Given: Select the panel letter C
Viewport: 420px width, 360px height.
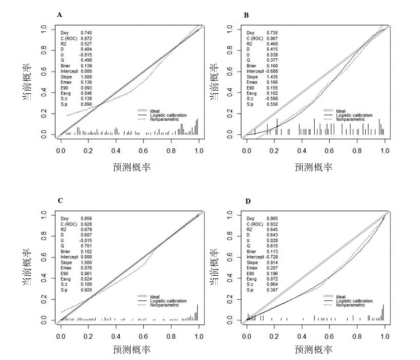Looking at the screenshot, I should (59, 199).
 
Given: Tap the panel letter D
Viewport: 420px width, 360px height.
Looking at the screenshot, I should (246, 199).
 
